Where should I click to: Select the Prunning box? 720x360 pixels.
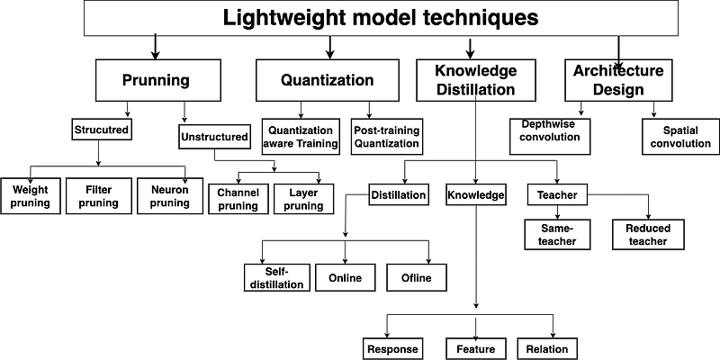(x=156, y=80)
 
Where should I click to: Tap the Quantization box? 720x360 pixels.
(x=327, y=80)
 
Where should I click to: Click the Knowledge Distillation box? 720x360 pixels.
(x=474, y=80)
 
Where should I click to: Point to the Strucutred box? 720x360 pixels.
(x=102, y=130)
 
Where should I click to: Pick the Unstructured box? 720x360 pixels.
(x=213, y=137)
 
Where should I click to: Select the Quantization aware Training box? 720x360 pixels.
(x=301, y=137)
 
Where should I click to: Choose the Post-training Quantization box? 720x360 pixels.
(x=386, y=137)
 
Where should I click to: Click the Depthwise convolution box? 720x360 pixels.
(x=551, y=136)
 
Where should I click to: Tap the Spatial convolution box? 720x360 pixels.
(x=674, y=136)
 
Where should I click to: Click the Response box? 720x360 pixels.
(x=393, y=348)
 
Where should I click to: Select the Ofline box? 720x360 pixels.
(x=416, y=277)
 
